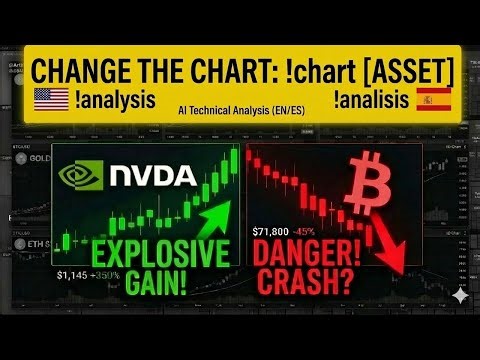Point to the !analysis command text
point(115,100)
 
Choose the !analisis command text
point(372,100)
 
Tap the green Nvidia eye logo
point(81,176)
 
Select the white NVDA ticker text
point(152,176)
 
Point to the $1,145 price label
point(73,274)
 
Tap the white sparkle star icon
point(457,295)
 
